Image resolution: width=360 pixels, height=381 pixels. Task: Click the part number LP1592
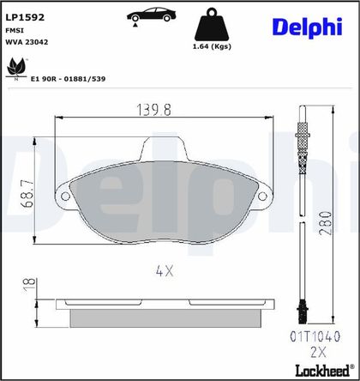coord(25,17)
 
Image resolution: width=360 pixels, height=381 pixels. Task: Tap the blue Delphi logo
coord(308,27)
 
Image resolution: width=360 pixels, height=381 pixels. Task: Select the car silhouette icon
coord(152,15)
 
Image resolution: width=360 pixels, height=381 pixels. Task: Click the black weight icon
coord(212,25)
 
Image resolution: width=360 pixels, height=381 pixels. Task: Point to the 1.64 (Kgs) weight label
coord(212,46)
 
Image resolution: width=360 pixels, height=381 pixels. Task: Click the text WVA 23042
coord(27,42)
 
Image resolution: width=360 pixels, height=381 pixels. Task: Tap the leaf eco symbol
coord(16,69)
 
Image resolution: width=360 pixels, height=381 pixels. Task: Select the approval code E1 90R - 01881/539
coord(68,79)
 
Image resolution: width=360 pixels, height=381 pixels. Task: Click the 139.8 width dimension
coord(154,110)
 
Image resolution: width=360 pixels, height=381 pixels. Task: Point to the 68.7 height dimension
coord(27,194)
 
